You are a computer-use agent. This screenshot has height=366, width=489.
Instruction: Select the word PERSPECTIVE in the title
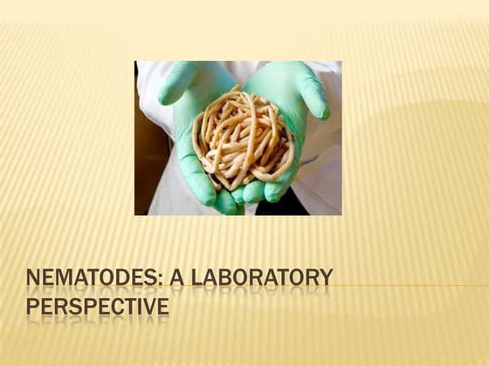coord(97,308)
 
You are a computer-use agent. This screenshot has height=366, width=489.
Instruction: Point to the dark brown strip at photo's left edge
coord(140,174)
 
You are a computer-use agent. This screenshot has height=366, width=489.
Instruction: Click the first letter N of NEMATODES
coord(34,279)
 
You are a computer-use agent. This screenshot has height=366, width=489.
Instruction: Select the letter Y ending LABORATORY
coord(325,279)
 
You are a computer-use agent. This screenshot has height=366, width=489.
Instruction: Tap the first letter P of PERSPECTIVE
coord(33,308)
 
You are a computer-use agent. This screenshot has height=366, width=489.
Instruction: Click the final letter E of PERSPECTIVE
coord(162,308)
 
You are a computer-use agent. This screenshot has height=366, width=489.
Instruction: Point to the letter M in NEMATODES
coord(65,279)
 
